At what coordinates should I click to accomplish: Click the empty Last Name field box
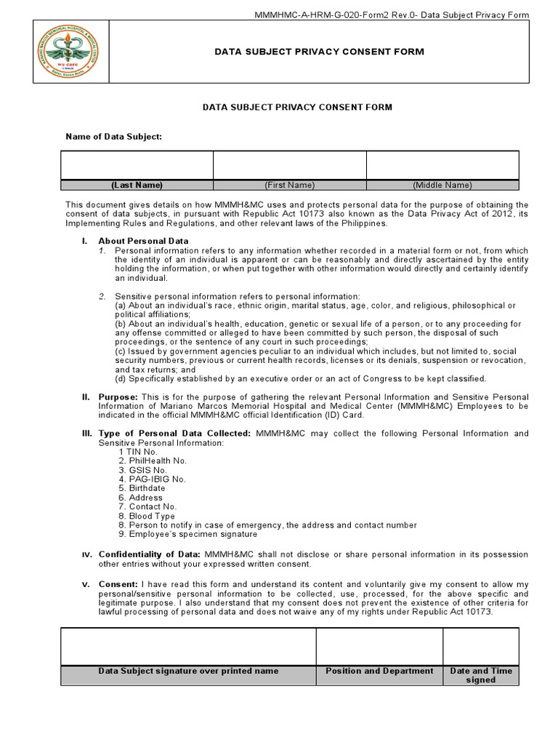click(137, 165)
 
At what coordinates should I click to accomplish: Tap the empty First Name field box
click(289, 165)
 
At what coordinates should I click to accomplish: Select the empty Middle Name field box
click(442, 165)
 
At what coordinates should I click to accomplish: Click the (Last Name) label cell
click(137, 185)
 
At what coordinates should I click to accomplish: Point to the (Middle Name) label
click(442, 185)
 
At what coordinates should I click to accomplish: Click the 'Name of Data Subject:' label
click(114, 136)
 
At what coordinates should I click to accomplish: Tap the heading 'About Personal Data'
click(143, 241)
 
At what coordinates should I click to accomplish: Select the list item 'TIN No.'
click(141, 452)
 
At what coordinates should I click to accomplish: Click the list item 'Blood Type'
click(151, 516)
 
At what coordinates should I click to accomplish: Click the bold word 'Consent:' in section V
click(118, 584)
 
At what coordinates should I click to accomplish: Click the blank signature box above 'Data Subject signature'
click(188, 646)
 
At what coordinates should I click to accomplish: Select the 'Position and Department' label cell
click(379, 671)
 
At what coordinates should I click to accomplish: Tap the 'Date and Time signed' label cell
click(480, 675)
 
